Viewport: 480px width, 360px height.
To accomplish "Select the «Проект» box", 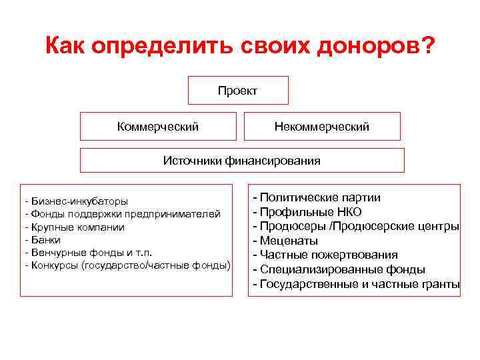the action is (x=237, y=90).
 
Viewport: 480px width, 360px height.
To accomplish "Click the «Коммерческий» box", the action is (x=158, y=126).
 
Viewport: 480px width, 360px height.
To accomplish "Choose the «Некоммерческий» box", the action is (x=321, y=126).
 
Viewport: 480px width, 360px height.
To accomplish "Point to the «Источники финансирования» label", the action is (x=242, y=161).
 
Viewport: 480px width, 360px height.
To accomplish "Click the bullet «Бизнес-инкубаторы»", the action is (x=79, y=201).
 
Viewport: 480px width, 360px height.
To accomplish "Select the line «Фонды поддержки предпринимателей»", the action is (x=125, y=213).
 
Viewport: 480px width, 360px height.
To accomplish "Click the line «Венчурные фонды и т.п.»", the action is (x=91, y=253).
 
